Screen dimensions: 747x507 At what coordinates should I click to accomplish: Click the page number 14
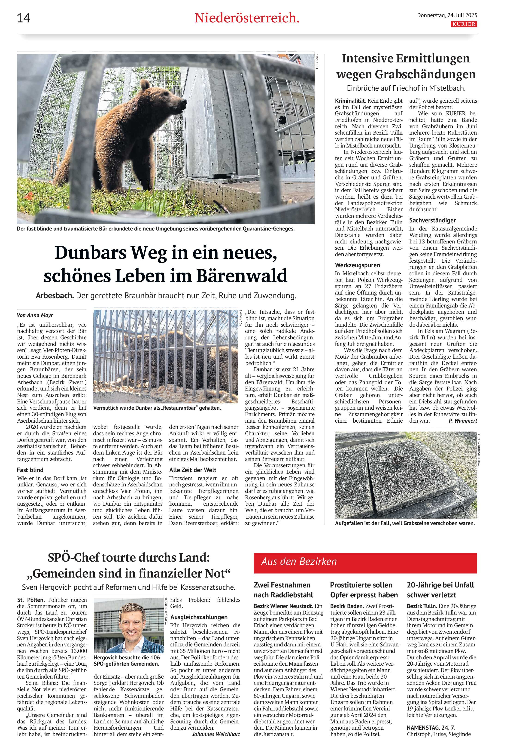(x=24, y=18)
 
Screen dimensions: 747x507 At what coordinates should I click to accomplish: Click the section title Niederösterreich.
(x=247, y=18)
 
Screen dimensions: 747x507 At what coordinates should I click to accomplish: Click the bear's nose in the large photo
(x=184, y=102)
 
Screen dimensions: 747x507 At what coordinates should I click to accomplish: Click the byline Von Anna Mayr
(x=31, y=315)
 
